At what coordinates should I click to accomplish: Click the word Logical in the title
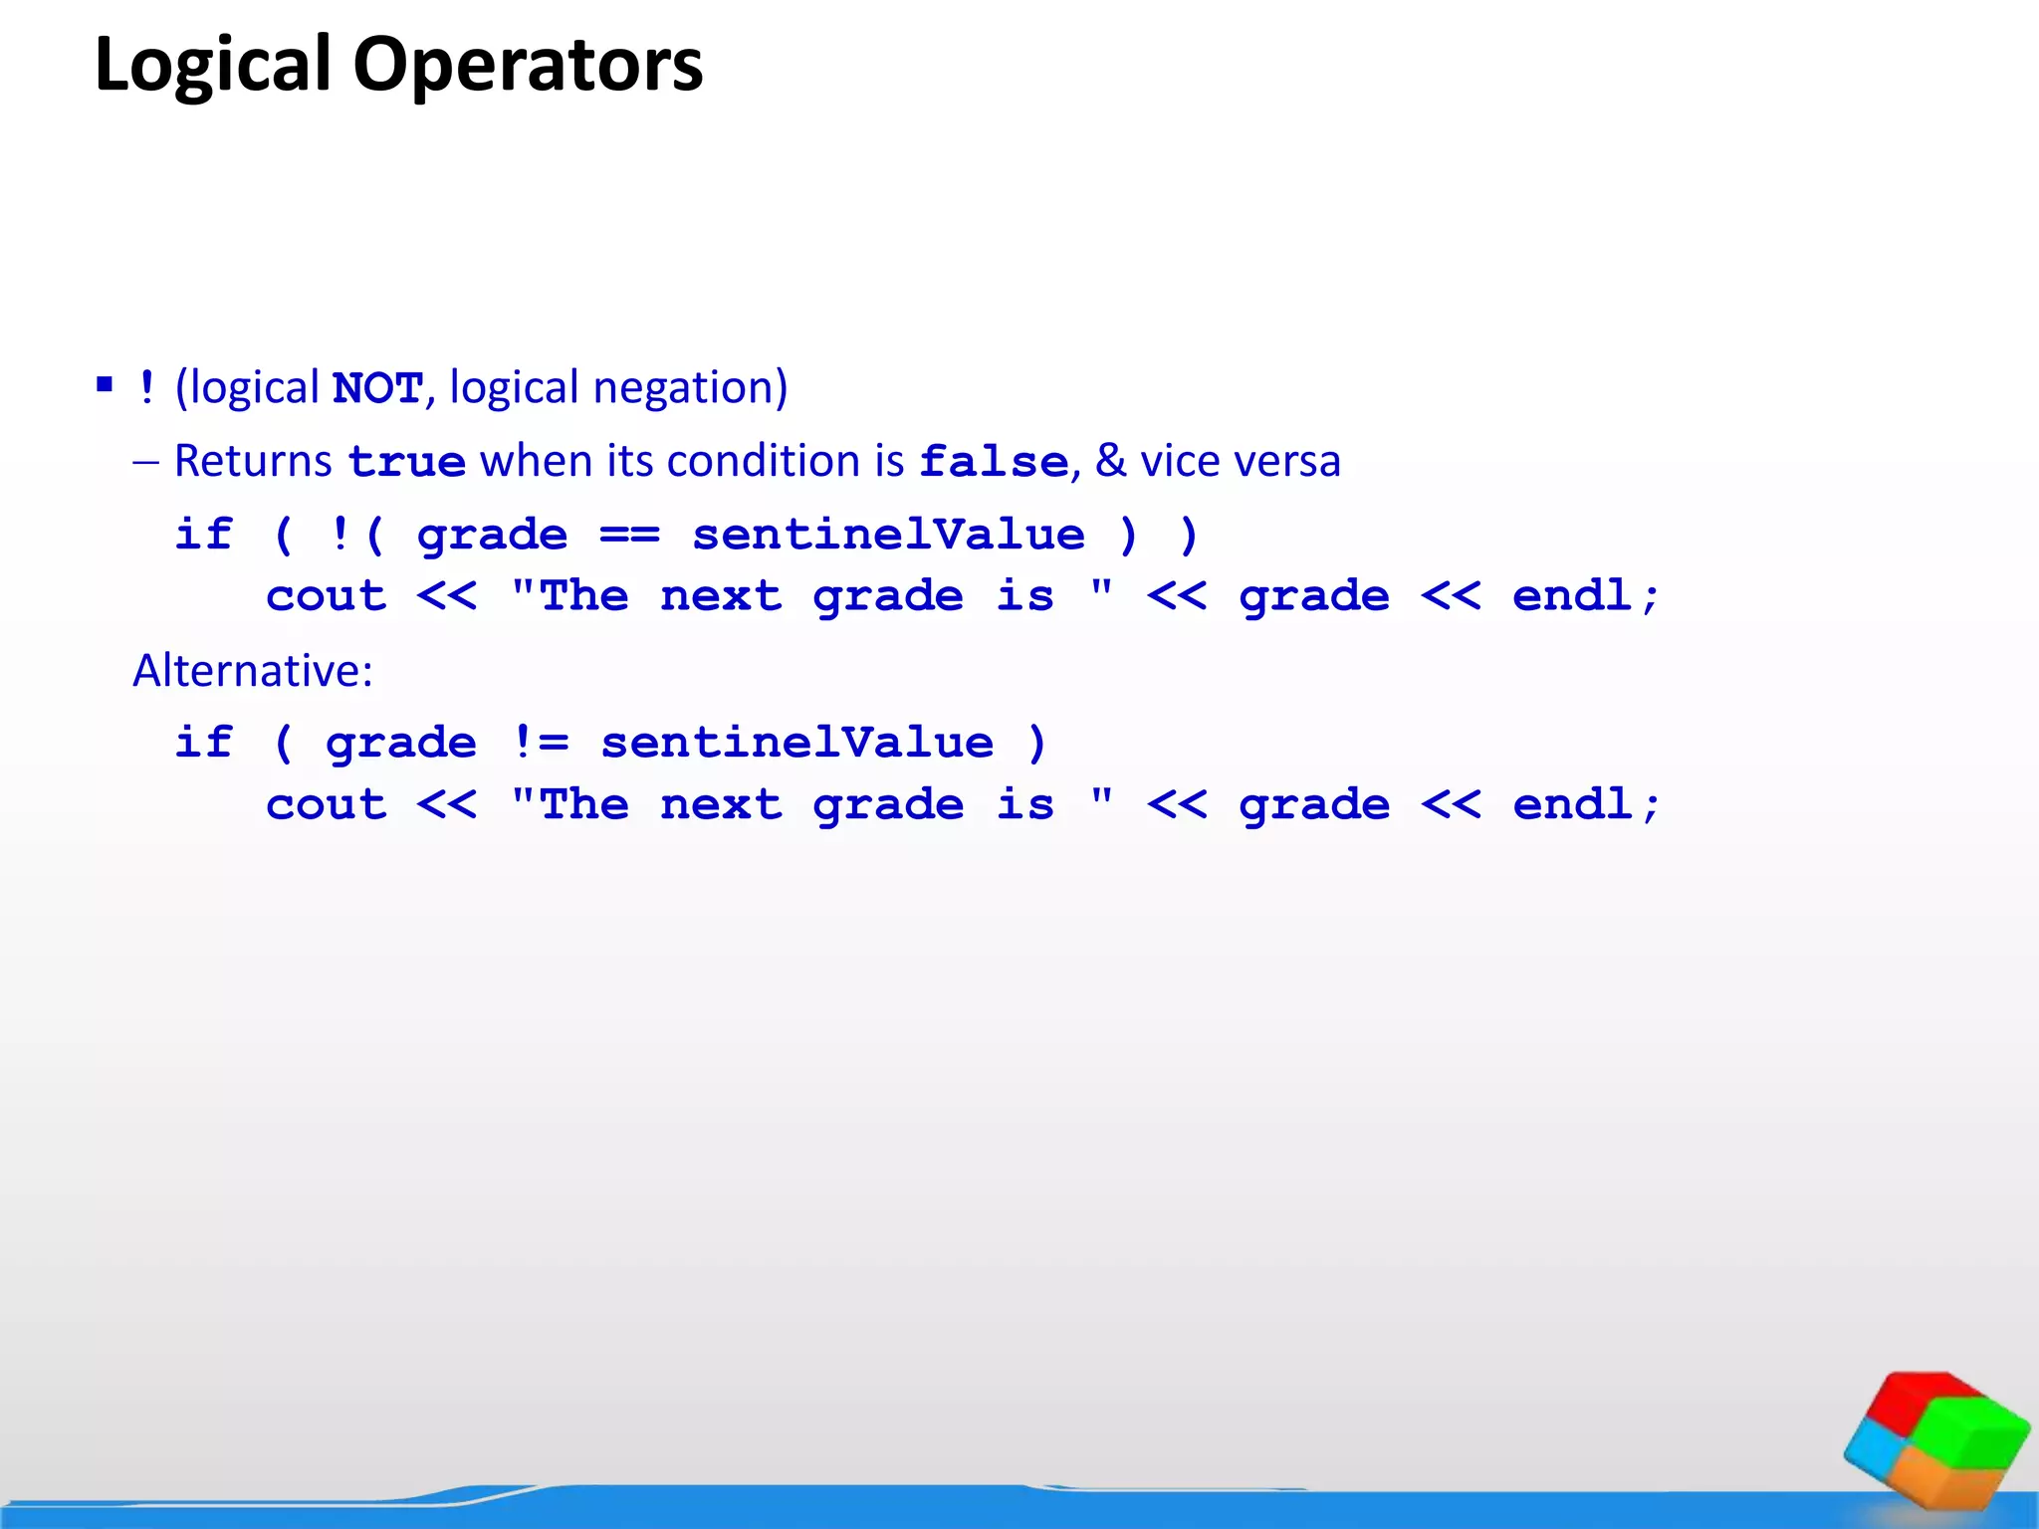tap(212, 66)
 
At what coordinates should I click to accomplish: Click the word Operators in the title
tap(528, 66)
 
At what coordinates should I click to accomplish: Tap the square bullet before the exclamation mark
tap(105, 384)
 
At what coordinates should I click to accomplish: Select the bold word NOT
tap(377, 388)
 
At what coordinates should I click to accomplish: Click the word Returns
tap(253, 461)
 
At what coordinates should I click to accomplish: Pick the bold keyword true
tap(406, 462)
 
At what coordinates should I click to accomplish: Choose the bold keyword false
tap(994, 462)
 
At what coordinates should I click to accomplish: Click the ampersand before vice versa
tap(1110, 461)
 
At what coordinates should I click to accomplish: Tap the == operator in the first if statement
tap(629, 536)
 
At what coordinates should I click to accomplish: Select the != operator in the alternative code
tap(541, 743)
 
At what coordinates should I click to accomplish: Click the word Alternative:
tap(253, 670)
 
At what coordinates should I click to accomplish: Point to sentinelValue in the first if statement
tap(888, 536)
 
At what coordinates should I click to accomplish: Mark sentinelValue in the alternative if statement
tap(796, 743)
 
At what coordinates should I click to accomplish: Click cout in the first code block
tap(326, 597)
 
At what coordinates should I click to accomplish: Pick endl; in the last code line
tap(1586, 804)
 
